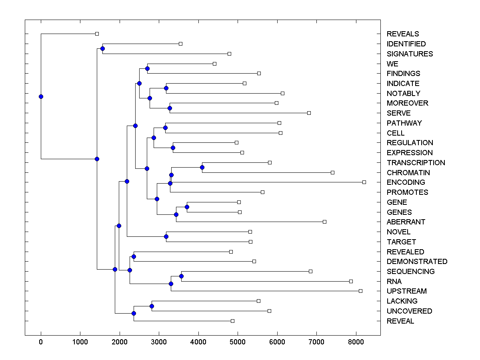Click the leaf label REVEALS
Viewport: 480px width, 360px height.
coord(403,34)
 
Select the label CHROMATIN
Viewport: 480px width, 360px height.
coord(408,173)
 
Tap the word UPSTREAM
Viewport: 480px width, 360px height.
coord(406,291)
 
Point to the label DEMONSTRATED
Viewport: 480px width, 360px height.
coord(417,262)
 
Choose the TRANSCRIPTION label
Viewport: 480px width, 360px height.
coord(416,163)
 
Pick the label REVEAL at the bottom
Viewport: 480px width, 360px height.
coord(400,321)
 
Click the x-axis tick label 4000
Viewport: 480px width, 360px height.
coord(198,341)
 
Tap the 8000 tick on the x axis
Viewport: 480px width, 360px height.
coord(356,341)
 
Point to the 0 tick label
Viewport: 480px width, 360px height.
coord(41,341)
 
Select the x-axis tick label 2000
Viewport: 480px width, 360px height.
coord(120,341)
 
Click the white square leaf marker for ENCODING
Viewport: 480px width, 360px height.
coord(364,182)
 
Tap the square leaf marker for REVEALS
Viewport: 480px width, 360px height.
coord(97,34)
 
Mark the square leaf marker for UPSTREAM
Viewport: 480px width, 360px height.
coord(360,291)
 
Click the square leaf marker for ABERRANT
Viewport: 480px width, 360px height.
coord(324,222)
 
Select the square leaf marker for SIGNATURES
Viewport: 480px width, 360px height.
coord(229,54)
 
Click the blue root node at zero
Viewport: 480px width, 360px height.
coord(41,96)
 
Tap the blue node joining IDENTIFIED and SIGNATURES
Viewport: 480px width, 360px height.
coord(102,49)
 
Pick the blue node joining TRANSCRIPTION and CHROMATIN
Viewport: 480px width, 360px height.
coord(202,168)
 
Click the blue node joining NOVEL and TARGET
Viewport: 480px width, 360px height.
coord(166,237)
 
